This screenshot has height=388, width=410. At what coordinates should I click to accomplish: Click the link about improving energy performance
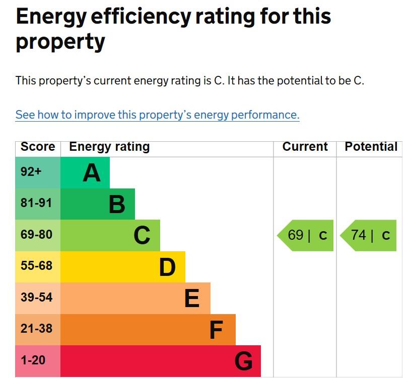(x=157, y=115)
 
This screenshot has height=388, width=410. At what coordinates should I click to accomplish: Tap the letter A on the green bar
(x=92, y=173)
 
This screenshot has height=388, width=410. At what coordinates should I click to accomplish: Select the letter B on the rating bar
(x=117, y=205)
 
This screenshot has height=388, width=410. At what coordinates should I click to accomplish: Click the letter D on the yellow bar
(x=167, y=267)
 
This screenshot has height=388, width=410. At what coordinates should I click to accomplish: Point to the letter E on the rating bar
(x=192, y=299)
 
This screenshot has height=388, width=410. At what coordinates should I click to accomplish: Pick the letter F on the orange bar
(x=216, y=330)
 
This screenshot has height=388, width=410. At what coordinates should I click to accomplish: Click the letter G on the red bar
(x=244, y=361)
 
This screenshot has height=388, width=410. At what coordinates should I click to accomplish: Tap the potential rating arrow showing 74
(x=369, y=235)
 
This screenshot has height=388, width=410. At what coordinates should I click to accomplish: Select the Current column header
(x=305, y=147)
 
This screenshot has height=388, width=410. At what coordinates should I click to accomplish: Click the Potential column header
(x=371, y=147)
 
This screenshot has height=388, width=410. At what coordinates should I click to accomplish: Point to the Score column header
(x=38, y=147)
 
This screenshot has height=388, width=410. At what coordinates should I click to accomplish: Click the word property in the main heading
(x=60, y=42)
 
